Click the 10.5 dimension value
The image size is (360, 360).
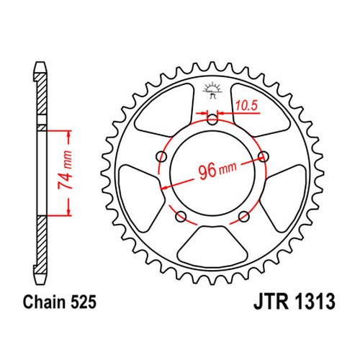(x=246, y=105)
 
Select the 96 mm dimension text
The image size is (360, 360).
(x=217, y=170)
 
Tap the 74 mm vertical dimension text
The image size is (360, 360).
(x=65, y=170)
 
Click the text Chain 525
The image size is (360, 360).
(x=60, y=302)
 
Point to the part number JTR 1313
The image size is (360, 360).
(x=294, y=302)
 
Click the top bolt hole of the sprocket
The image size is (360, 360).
(x=212, y=120)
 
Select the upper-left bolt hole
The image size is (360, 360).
(x=161, y=157)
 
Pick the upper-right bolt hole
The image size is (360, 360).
(x=264, y=157)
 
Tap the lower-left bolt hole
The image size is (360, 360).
(x=181, y=217)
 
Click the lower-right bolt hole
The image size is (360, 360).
(x=244, y=217)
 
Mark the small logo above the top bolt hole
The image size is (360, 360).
(x=212, y=90)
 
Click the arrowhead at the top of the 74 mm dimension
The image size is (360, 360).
(x=69, y=133)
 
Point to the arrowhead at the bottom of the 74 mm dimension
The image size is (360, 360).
(x=69, y=211)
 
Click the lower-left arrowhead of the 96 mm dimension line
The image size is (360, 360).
(x=164, y=187)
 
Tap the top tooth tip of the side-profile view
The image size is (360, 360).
(x=40, y=63)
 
